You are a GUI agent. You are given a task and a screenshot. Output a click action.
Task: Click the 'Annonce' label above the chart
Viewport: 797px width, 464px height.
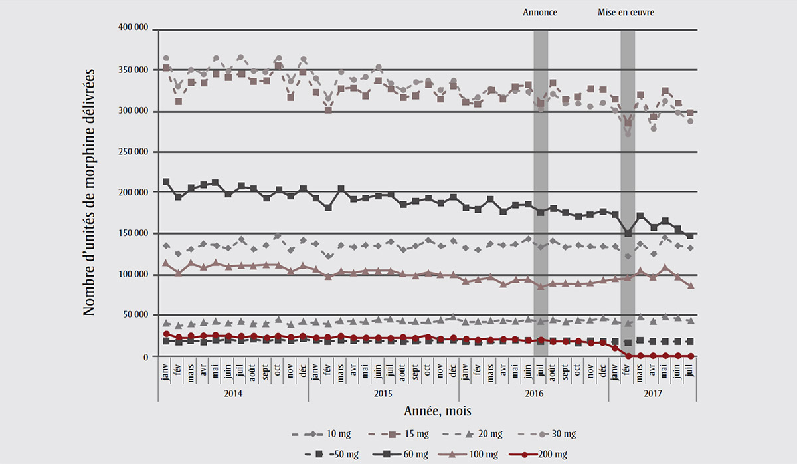pyautogui.click(x=540, y=12)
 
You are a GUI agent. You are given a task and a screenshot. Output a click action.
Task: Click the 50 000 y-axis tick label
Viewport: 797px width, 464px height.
pyautogui.click(x=135, y=315)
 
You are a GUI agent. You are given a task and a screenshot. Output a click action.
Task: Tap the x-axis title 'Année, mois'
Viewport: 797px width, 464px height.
pyautogui.click(x=427, y=411)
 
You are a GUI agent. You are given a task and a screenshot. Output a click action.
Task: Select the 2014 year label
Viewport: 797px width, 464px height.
pyautogui.click(x=232, y=393)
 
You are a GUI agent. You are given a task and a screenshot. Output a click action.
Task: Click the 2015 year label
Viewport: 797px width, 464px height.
pyautogui.click(x=384, y=393)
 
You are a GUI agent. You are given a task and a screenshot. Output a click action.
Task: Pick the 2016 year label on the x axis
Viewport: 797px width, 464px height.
pyautogui.click(x=534, y=393)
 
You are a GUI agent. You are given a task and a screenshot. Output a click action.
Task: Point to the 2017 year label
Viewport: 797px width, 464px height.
pyautogui.click(x=652, y=393)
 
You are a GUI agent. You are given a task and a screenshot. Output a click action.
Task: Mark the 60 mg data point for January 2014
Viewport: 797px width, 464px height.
pyautogui.click(x=166, y=182)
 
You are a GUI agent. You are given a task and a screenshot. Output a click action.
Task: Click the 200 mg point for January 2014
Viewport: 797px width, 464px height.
pyautogui.click(x=166, y=334)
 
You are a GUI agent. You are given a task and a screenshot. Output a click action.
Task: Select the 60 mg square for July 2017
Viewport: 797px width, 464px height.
pyautogui.click(x=690, y=235)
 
